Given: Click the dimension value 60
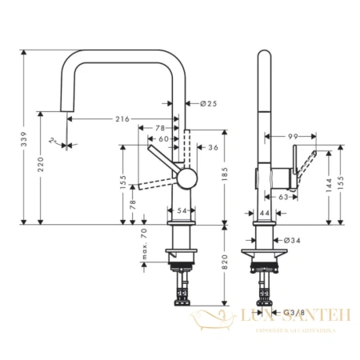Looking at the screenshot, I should pos(164,138).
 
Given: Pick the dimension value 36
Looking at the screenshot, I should pos(213,147).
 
